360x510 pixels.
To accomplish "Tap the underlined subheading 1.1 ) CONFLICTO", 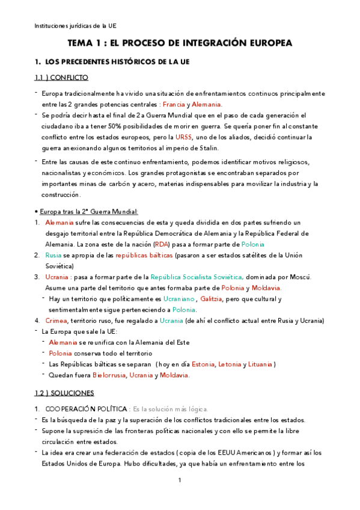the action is pos(61,78).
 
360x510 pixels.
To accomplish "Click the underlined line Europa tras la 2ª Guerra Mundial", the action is pos(87,211).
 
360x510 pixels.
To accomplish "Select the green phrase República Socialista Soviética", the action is pos(197,277).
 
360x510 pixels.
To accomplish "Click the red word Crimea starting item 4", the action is pos(56,321).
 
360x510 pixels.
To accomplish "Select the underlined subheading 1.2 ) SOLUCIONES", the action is pos(64,393).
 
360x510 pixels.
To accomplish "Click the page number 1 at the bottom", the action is pos(180,481).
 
